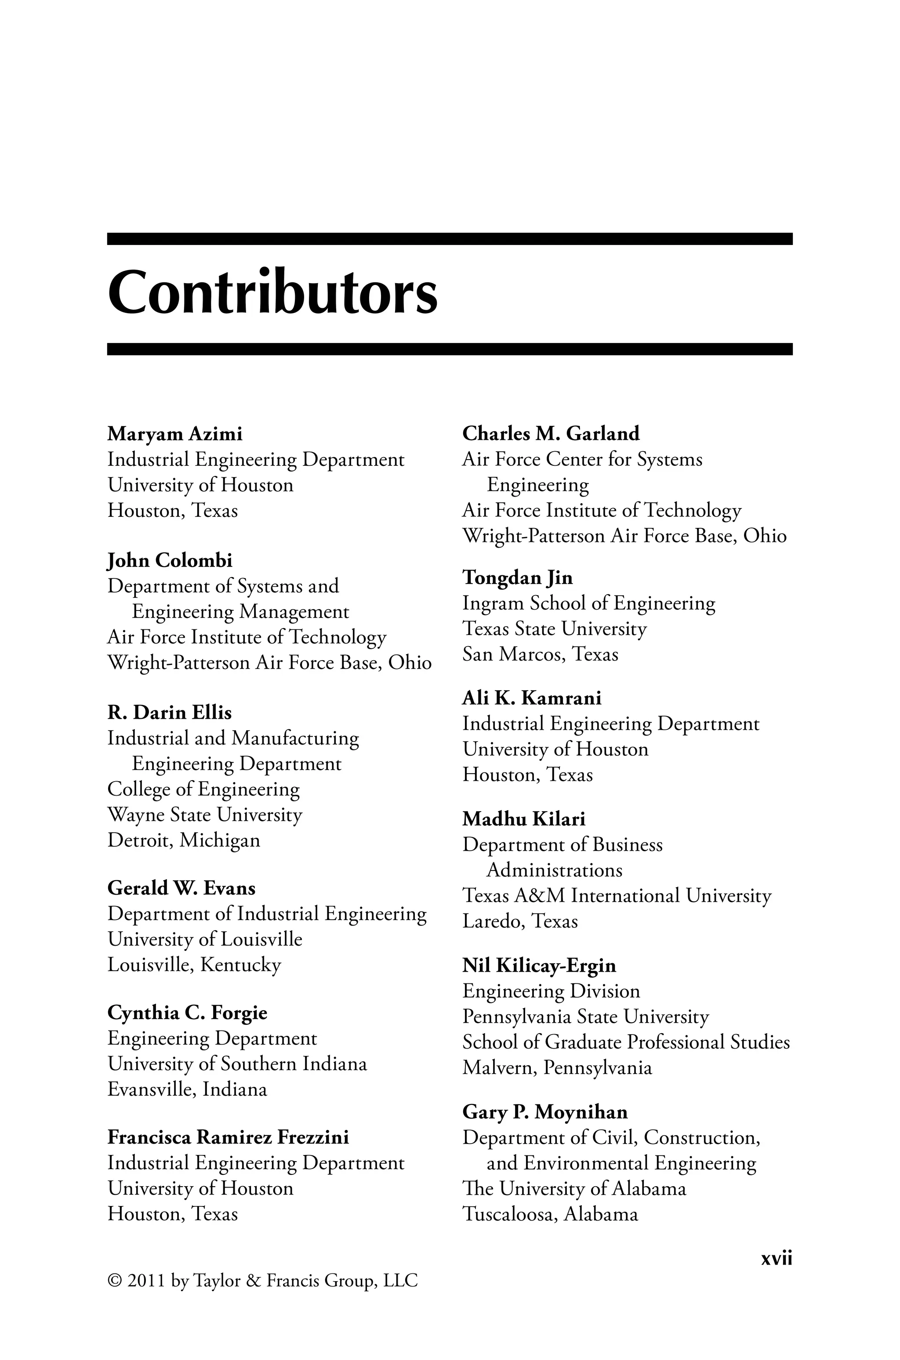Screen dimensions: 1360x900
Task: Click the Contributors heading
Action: [272, 293]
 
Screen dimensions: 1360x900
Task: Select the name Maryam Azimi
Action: [174, 434]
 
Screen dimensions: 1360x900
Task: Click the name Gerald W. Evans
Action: [181, 888]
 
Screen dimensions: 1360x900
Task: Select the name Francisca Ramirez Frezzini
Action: [228, 1137]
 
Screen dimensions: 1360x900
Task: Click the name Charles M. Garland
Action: [551, 434]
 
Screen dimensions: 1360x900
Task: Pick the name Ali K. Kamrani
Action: [532, 698]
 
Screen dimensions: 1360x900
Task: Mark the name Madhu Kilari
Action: [524, 819]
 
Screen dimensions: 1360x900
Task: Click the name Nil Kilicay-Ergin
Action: [540, 966]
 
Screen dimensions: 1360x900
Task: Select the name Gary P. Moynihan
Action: [545, 1112]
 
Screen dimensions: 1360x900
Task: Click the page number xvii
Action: [776, 1259]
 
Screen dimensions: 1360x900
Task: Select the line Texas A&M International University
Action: [617, 896]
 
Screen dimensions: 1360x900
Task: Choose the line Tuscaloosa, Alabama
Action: [550, 1215]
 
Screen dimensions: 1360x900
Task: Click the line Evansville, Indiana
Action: [187, 1089]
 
